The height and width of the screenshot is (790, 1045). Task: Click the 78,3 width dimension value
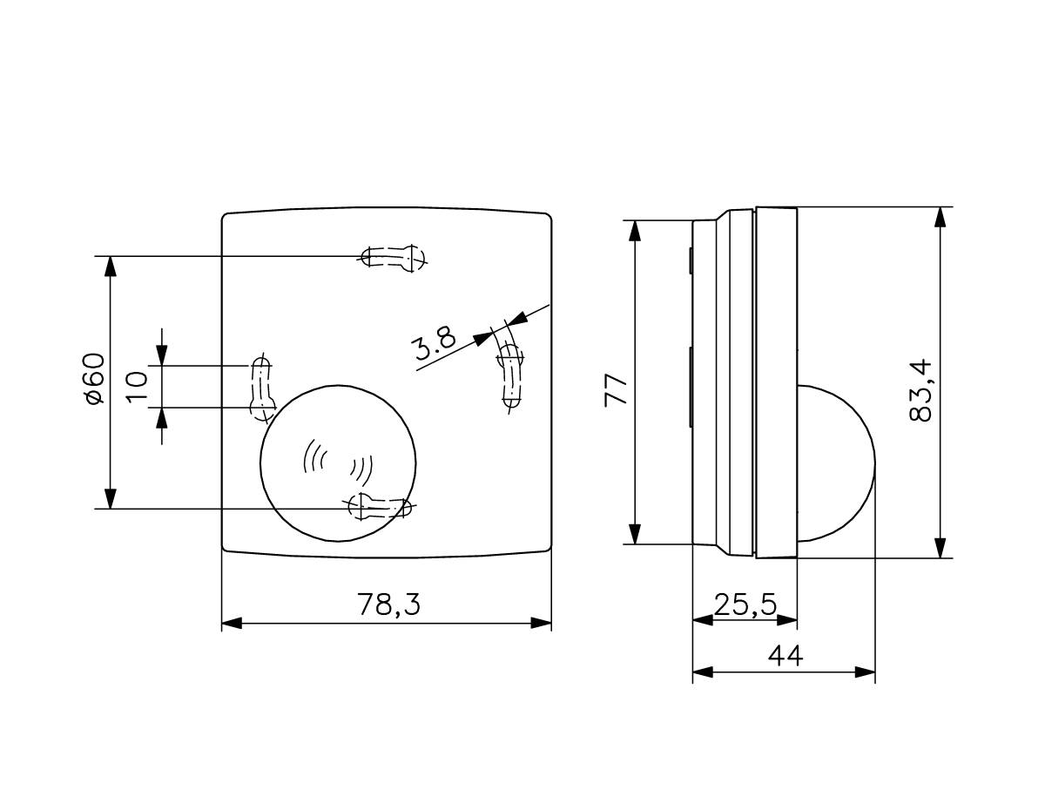click(388, 604)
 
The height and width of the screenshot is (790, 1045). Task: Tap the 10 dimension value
click(138, 386)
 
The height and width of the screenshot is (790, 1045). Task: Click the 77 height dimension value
click(617, 390)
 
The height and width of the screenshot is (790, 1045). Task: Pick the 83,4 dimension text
click(920, 390)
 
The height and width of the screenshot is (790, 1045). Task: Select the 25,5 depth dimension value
click(745, 604)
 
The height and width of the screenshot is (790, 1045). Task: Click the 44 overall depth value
click(785, 654)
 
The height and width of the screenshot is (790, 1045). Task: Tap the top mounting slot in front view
click(394, 257)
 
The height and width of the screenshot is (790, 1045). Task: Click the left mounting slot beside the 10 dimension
click(260, 388)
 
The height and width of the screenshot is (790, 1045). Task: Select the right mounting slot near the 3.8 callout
click(510, 375)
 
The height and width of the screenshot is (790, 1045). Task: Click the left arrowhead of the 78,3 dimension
click(232, 623)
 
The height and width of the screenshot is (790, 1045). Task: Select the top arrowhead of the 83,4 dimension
click(940, 217)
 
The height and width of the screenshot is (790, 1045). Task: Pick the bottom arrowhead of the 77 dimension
click(636, 534)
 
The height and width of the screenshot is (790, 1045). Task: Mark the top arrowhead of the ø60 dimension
click(110, 266)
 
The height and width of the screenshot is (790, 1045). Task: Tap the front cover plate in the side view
click(776, 381)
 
